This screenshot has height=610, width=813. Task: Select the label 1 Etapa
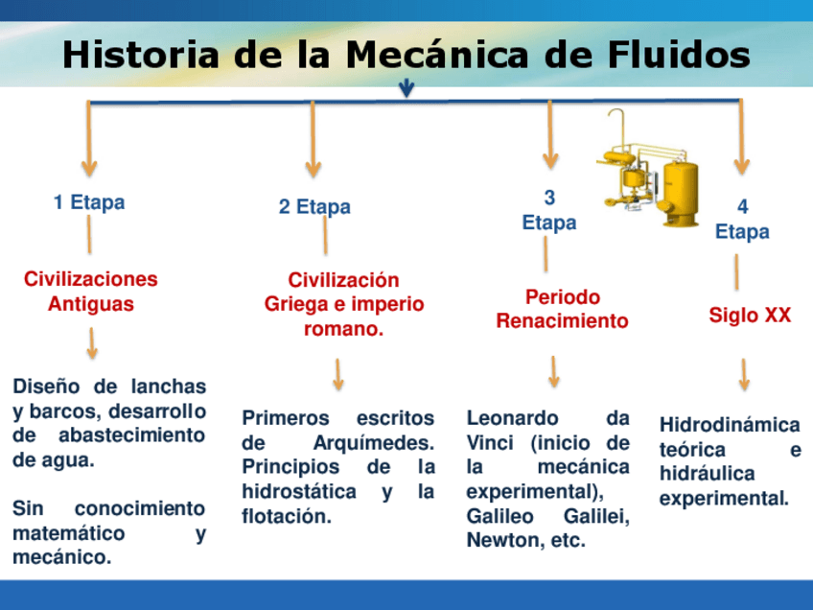(x=89, y=202)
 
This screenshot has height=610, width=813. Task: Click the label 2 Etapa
(x=314, y=207)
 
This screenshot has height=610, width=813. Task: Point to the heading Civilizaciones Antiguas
(x=91, y=292)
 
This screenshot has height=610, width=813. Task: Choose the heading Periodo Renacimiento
(x=562, y=309)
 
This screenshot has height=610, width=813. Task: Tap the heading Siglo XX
(x=750, y=315)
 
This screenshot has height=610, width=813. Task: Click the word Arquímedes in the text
(x=374, y=443)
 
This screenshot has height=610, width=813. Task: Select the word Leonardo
(x=512, y=418)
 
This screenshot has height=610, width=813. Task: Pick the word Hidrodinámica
(x=730, y=425)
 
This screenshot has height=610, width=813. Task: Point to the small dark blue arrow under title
(x=406, y=89)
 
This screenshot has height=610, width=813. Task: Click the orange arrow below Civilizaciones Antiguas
(x=92, y=342)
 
